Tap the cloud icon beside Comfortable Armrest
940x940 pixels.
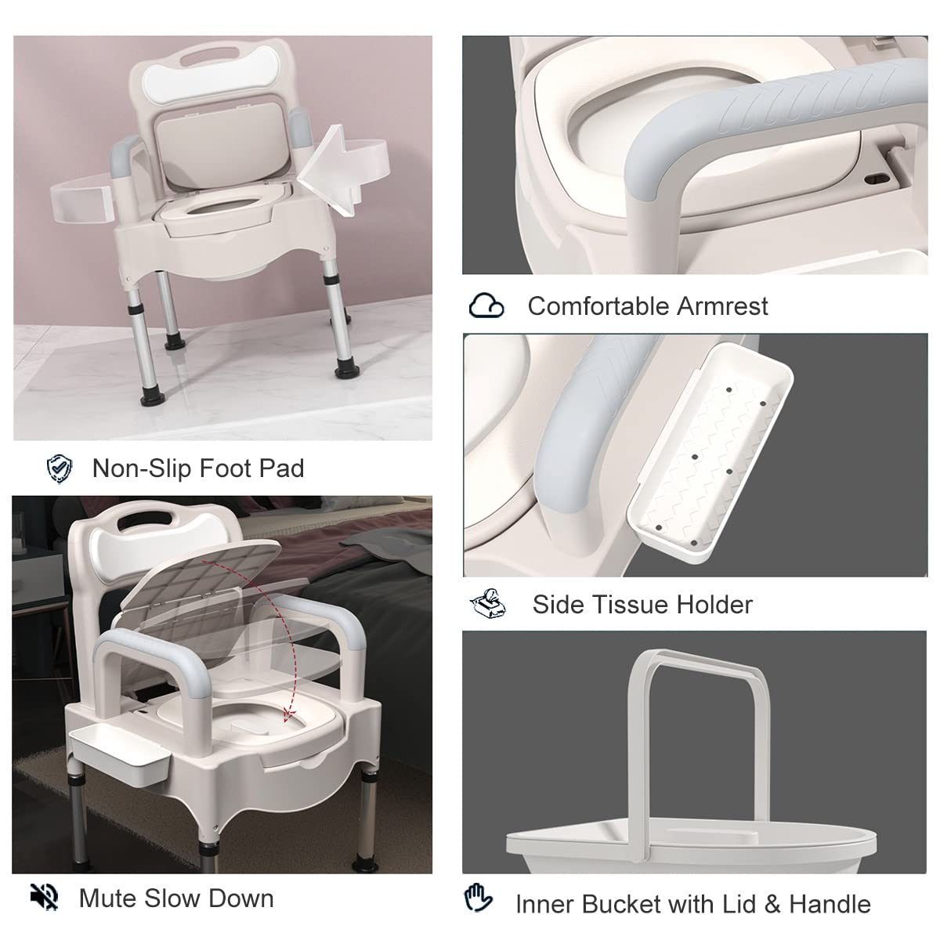pyautogui.click(x=486, y=305)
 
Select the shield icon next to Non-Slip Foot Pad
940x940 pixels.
pyautogui.click(x=59, y=468)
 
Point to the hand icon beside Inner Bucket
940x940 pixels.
pyautogui.click(x=478, y=898)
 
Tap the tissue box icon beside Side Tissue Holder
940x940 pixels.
pyautogui.click(x=487, y=603)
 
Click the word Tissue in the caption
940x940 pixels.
pyautogui.click(x=638, y=605)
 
